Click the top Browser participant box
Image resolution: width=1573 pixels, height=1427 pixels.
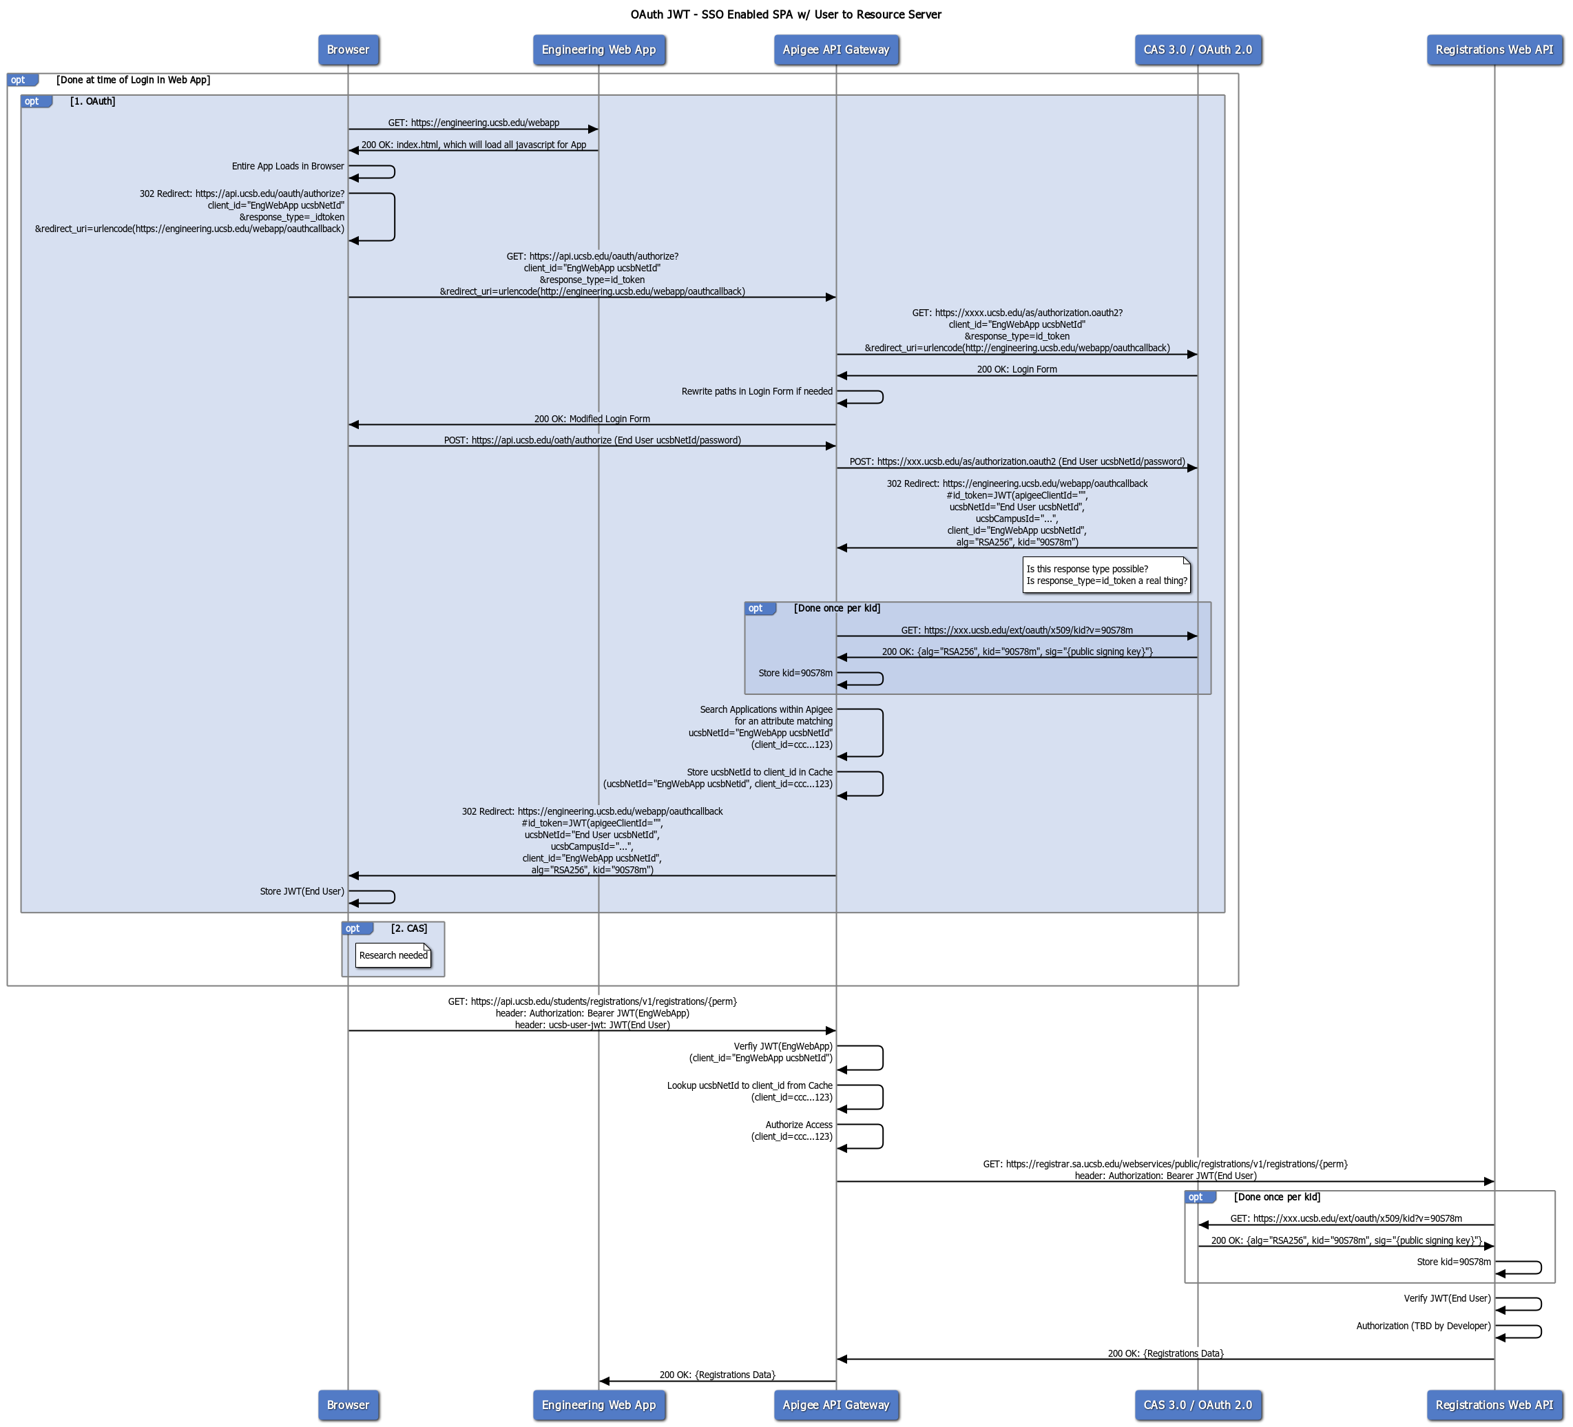pyautogui.click(x=348, y=50)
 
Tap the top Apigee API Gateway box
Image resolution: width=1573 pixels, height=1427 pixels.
pyautogui.click(x=835, y=50)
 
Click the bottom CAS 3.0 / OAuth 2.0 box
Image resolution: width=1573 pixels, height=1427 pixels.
pyautogui.click(x=1197, y=1404)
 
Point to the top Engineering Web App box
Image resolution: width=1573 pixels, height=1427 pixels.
pyautogui.click(x=598, y=50)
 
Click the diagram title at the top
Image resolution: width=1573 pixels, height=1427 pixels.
pyautogui.click(x=786, y=14)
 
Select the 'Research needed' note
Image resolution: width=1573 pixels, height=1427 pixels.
pyautogui.click(x=393, y=955)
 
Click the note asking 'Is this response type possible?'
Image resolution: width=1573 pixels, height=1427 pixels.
pyautogui.click(x=1105, y=575)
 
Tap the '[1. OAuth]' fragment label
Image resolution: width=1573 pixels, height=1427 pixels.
pyautogui.click(x=93, y=101)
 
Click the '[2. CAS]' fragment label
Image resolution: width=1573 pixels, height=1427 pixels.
pyautogui.click(x=409, y=928)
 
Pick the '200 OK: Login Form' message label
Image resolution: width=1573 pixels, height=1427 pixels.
pyautogui.click(x=1017, y=369)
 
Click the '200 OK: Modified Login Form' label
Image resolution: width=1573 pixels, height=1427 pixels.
pyautogui.click(x=592, y=419)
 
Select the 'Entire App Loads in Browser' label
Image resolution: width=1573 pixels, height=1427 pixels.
pyautogui.click(x=287, y=166)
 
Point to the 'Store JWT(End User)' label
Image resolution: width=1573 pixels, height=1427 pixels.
pyautogui.click(x=301, y=891)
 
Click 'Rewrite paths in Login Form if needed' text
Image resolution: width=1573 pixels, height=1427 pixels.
pyautogui.click(x=756, y=392)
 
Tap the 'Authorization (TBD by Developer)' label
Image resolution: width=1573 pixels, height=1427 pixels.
pyautogui.click(x=1422, y=1326)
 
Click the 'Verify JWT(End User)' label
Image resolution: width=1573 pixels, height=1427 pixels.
pyautogui.click(x=1446, y=1298)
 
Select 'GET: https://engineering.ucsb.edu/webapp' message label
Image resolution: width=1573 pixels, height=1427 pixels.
pyautogui.click(x=474, y=123)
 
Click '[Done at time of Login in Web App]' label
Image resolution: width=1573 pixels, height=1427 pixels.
pyautogui.click(x=133, y=80)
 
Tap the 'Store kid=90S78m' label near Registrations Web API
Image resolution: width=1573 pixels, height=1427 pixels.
pyautogui.click(x=1453, y=1262)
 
